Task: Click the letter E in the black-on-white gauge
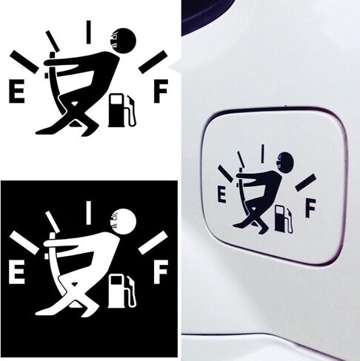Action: pyautogui.click(x=17, y=92)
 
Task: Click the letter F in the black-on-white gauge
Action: pyautogui.click(x=161, y=91)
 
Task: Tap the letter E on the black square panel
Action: pyautogui.click(x=17, y=272)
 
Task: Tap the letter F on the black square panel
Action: pyautogui.click(x=161, y=272)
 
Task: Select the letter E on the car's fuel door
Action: pyautogui.click(x=221, y=195)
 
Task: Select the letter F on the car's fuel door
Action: pyautogui.click(x=310, y=209)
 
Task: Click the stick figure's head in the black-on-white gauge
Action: pyautogui.click(x=123, y=41)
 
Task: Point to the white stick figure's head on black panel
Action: pyautogui.click(x=123, y=221)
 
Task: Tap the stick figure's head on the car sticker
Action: pyautogui.click(x=285, y=161)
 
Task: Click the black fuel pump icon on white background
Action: pyautogui.click(x=122, y=110)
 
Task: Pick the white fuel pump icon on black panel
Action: pyautogui.click(x=122, y=291)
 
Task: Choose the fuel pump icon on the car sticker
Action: pyautogui.click(x=284, y=219)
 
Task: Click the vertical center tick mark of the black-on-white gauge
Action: pyautogui.click(x=88, y=33)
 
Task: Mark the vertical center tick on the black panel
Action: pyautogui.click(x=88, y=213)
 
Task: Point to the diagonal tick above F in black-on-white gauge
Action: pyautogui.click(x=153, y=62)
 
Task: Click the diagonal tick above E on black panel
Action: pyautogui.click(x=24, y=243)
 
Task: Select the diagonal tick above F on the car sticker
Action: pyautogui.click(x=306, y=183)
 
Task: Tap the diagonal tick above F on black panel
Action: pyautogui.click(x=153, y=243)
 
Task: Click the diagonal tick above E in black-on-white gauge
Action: pyautogui.click(x=24, y=62)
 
